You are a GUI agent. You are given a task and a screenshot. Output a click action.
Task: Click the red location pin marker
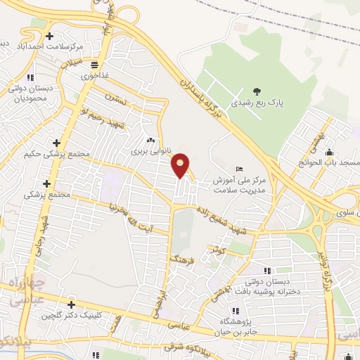(181, 165)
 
